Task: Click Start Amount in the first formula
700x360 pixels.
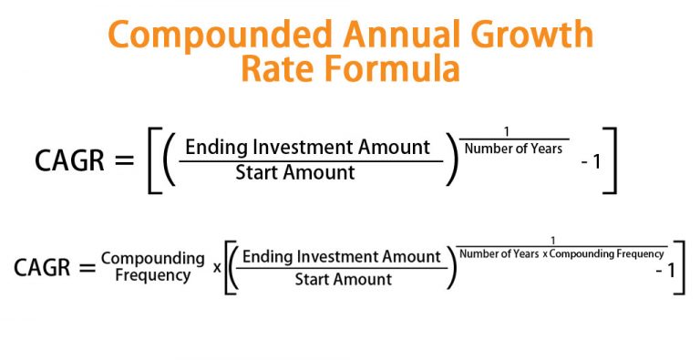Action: tap(295, 173)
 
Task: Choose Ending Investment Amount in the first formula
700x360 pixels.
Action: tap(308, 146)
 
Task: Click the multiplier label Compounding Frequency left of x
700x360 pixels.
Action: tap(152, 266)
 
